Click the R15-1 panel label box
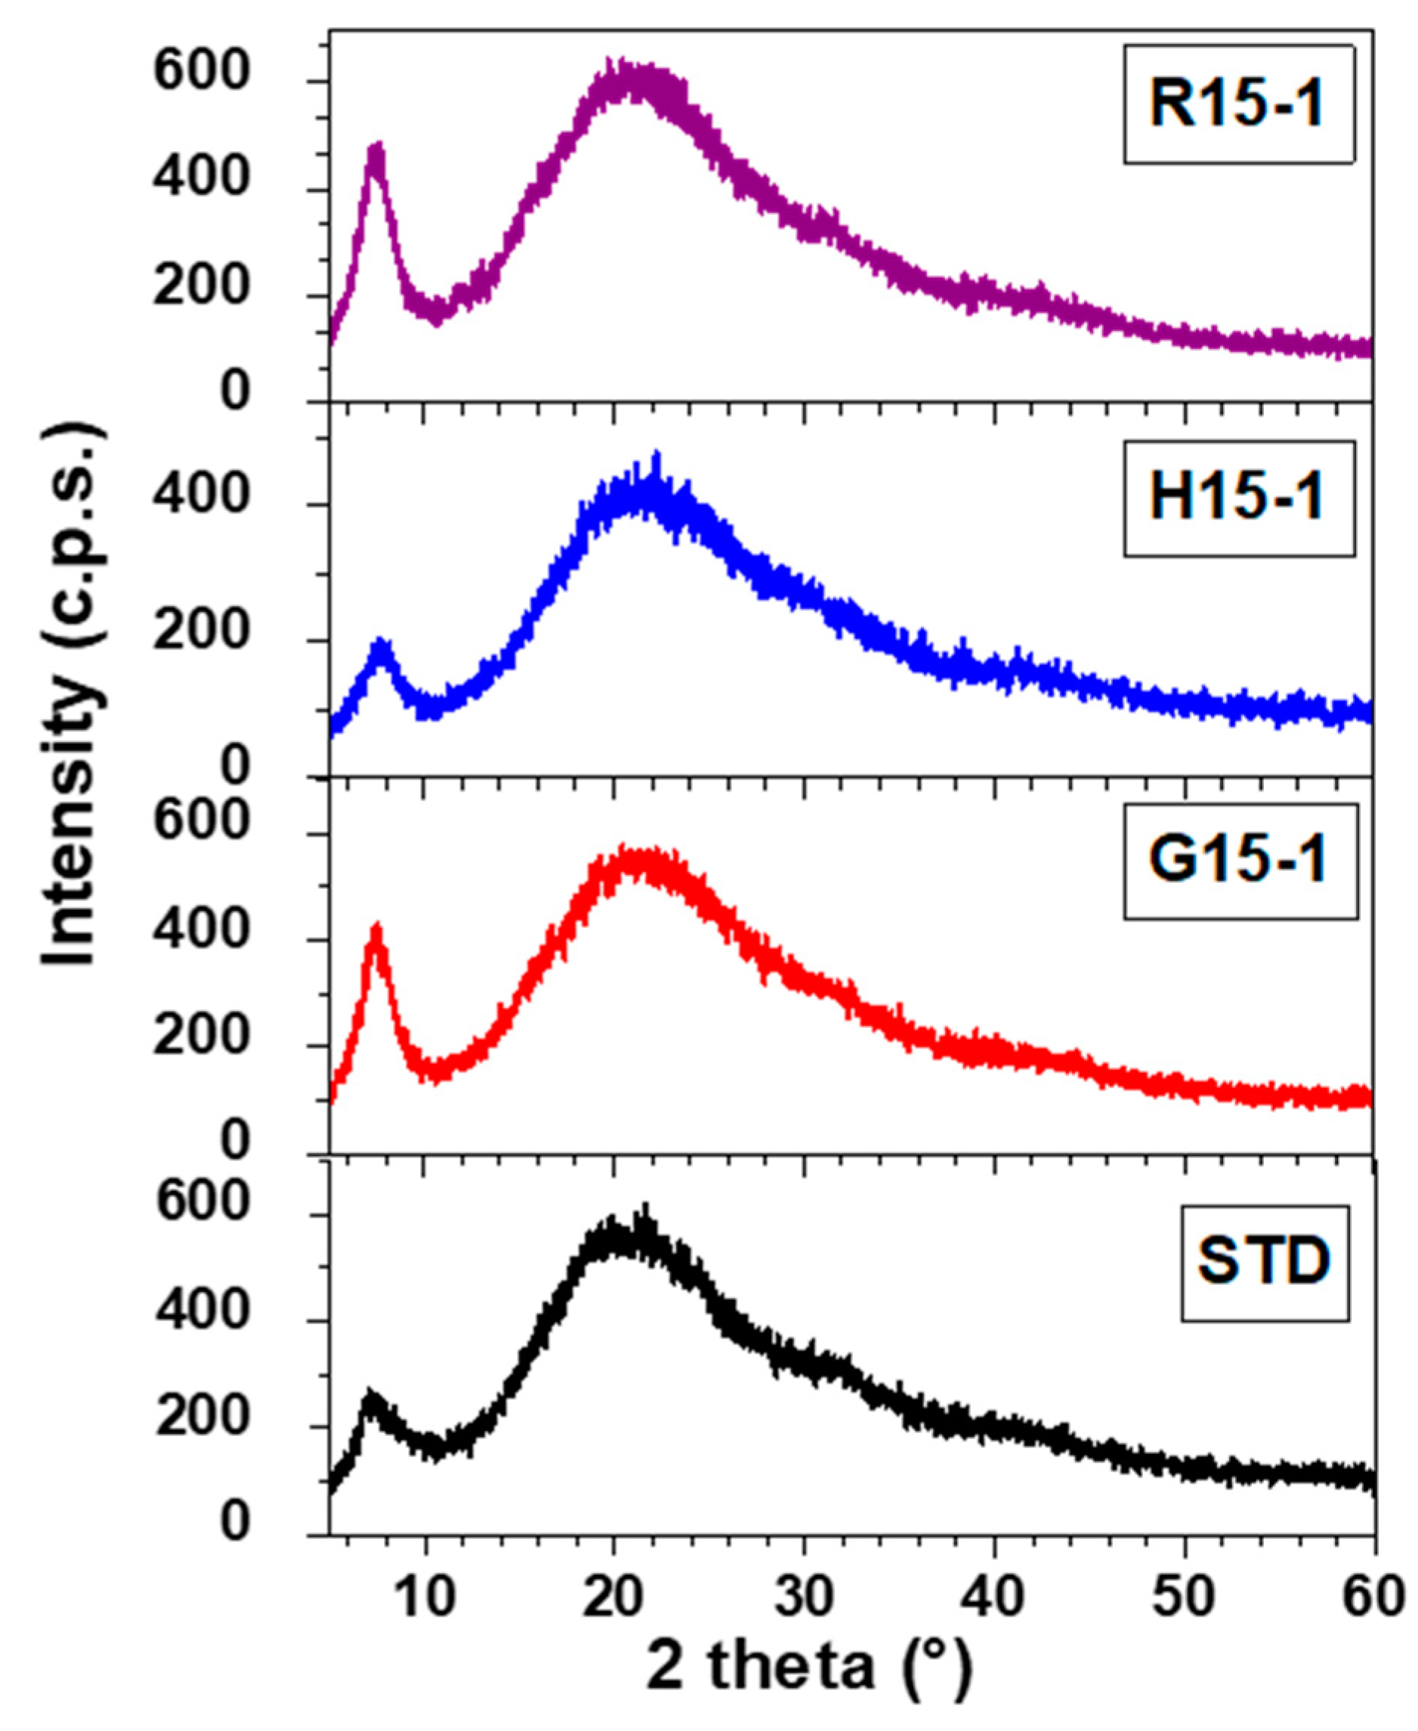pos(1238,104)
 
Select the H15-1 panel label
pos(1238,499)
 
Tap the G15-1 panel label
pos(1240,861)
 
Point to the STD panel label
pos(1265,1261)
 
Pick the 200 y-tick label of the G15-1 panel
pos(201,1037)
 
